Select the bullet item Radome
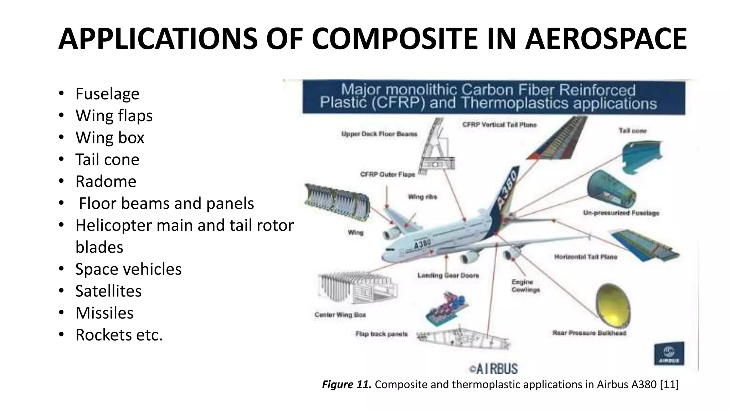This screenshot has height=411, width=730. point(106,181)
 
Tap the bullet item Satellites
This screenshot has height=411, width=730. point(108,291)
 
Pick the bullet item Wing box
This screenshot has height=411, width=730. point(110,137)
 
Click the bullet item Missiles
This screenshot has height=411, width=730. point(104,313)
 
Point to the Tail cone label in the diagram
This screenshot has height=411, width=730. point(632,131)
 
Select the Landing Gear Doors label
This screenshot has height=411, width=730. point(448,275)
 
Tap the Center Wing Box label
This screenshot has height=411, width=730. point(340,315)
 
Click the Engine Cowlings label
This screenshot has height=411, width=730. point(525,286)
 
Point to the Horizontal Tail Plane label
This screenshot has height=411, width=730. point(585,257)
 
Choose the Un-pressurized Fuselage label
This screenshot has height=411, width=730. point(621,213)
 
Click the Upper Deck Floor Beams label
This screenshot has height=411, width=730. point(379,134)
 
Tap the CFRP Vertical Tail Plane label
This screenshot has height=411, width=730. point(499,125)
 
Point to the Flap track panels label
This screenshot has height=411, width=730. point(381,334)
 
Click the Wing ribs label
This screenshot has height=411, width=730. point(422,197)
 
